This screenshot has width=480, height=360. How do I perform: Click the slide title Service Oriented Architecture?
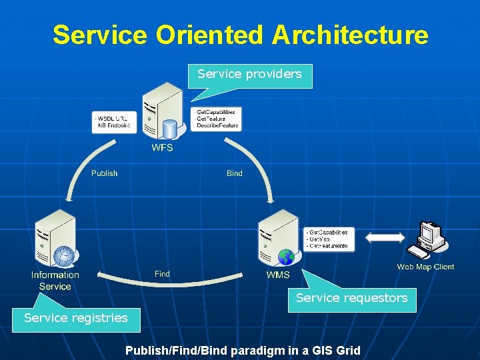(x=240, y=35)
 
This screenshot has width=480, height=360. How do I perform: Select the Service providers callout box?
(x=250, y=74)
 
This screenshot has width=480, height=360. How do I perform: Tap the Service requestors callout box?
(x=351, y=299)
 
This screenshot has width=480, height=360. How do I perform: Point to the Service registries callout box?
(x=75, y=318)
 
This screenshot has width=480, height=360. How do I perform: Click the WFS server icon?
(x=163, y=111)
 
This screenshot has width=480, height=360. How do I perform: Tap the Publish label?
(x=104, y=173)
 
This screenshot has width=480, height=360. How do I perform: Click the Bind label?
(x=235, y=173)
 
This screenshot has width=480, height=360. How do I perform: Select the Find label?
(x=162, y=274)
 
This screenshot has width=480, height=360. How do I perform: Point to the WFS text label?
(x=162, y=147)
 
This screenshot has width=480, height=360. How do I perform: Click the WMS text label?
(x=278, y=275)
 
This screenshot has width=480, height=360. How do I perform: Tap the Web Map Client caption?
(x=425, y=267)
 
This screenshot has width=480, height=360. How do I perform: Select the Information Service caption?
(x=55, y=280)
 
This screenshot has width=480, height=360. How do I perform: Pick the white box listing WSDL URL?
(x=113, y=122)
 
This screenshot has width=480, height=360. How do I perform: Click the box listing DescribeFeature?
(x=216, y=119)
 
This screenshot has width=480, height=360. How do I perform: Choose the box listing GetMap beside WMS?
(x=328, y=239)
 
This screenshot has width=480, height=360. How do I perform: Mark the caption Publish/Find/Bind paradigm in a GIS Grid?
(x=243, y=350)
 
